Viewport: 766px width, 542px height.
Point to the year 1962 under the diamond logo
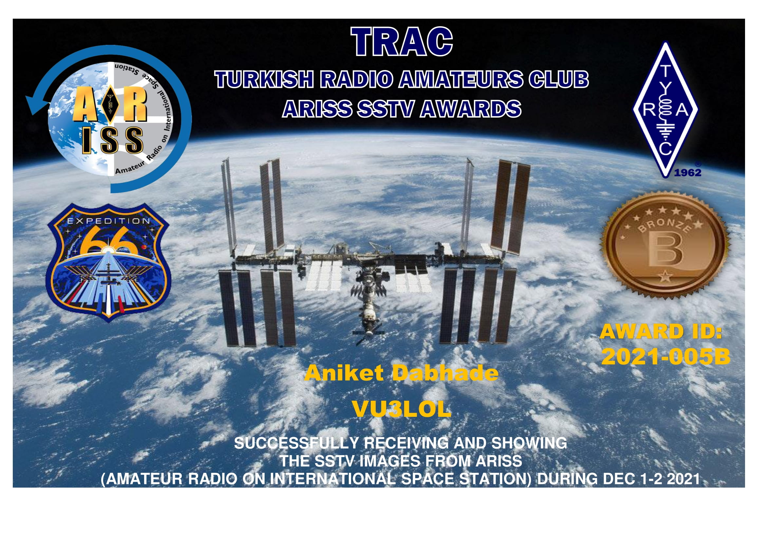pyautogui.click(x=688, y=173)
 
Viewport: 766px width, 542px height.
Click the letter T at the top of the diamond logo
pyautogui.click(x=665, y=71)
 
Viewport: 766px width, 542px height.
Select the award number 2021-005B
pyautogui.click(x=666, y=357)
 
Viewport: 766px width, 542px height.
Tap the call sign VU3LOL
pyautogui.click(x=402, y=409)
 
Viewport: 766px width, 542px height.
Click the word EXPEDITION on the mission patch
pyautogui.click(x=109, y=221)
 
